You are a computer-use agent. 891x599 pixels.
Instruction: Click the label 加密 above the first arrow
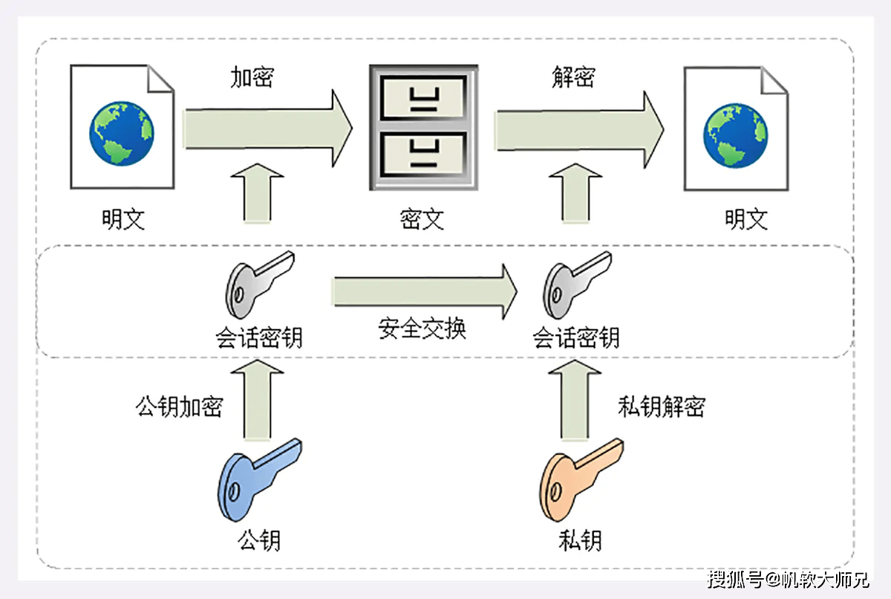252,77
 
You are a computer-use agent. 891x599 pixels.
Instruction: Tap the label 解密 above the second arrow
573,77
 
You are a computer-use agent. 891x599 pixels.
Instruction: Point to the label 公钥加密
179,407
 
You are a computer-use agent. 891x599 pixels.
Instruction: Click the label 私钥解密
661,407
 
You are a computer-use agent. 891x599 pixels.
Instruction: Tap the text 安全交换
422,328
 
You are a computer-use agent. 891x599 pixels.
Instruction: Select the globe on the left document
122,133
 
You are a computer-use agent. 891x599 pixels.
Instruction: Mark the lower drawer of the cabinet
422,152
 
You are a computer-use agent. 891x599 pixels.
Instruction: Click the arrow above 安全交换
423,289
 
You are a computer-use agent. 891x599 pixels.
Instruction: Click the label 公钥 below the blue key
259,539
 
